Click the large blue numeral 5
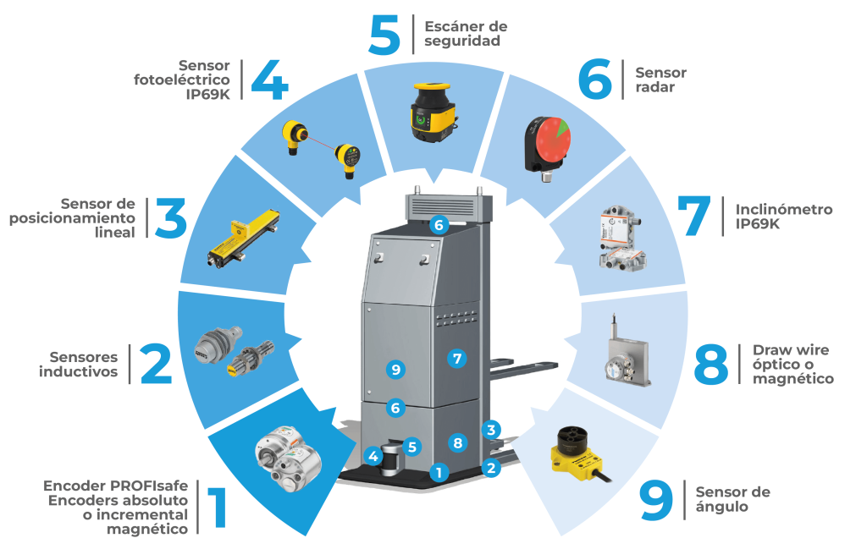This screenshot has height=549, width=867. pos(384,35)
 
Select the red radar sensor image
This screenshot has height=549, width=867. pos(547,147)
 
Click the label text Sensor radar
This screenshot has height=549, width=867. pos(660,80)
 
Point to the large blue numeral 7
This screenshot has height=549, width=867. pos(694,216)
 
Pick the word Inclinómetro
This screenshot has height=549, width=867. pos(783,209)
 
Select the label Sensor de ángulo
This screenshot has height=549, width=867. pos(732,499)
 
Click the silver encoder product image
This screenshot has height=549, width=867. pos(289,458)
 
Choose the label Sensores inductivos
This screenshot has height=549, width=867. pos(79,364)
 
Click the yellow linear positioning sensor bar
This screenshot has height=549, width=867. pos(243,238)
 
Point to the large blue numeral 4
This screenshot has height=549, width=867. pos(270,80)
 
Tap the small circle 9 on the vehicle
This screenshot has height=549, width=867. pos(395,370)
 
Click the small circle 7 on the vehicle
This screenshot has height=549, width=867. pos(456,359)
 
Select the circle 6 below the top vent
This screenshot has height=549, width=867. pos(439,225)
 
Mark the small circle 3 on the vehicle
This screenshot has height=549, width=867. pos(491,430)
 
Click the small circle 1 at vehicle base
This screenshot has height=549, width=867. pos(439,472)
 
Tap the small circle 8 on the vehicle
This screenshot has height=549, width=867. pos(457,442)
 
